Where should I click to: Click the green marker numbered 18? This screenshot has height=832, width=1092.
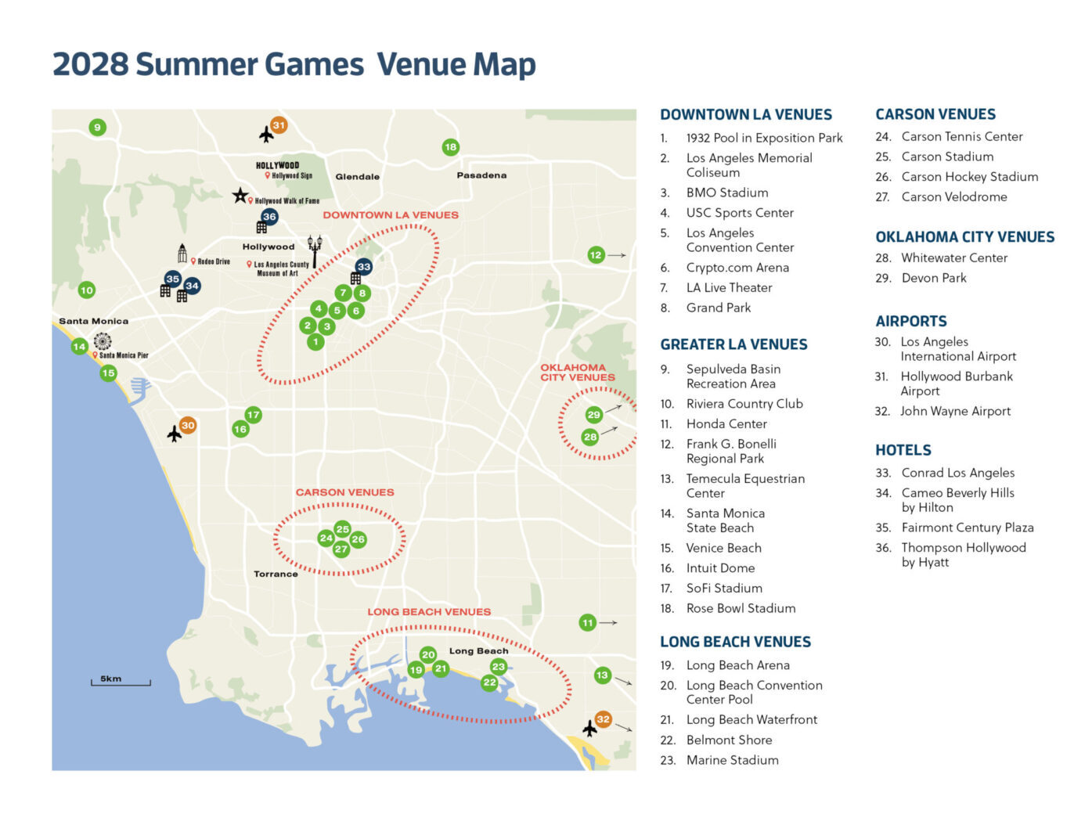[450, 147]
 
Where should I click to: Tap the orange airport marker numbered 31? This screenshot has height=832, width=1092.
[279, 125]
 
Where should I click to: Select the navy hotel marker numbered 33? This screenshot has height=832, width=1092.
[363, 267]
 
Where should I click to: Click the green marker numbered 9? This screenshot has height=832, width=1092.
[97, 128]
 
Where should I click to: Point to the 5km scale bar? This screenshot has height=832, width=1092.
[121, 683]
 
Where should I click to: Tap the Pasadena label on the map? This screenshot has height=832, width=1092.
[481, 175]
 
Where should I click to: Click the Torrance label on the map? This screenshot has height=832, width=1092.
[276, 574]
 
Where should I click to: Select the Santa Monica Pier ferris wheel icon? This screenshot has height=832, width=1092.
[103, 341]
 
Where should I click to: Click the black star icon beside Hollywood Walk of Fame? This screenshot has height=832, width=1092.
[240, 195]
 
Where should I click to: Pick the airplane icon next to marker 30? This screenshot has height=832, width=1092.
[175, 434]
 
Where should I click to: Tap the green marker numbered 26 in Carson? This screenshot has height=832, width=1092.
[359, 539]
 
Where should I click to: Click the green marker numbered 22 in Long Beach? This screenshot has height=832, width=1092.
[489, 683]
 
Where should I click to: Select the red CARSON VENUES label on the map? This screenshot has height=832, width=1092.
[344, 492]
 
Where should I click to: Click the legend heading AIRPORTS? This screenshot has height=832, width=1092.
[910, 321]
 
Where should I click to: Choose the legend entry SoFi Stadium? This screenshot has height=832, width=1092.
[723, 588]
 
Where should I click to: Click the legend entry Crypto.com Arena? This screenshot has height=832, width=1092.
[737, 268]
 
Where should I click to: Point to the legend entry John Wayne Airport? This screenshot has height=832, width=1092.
[955, 411]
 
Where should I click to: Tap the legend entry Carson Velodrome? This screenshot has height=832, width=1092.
[953, 197]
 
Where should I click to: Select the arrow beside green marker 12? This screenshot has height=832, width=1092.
[618, 255]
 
